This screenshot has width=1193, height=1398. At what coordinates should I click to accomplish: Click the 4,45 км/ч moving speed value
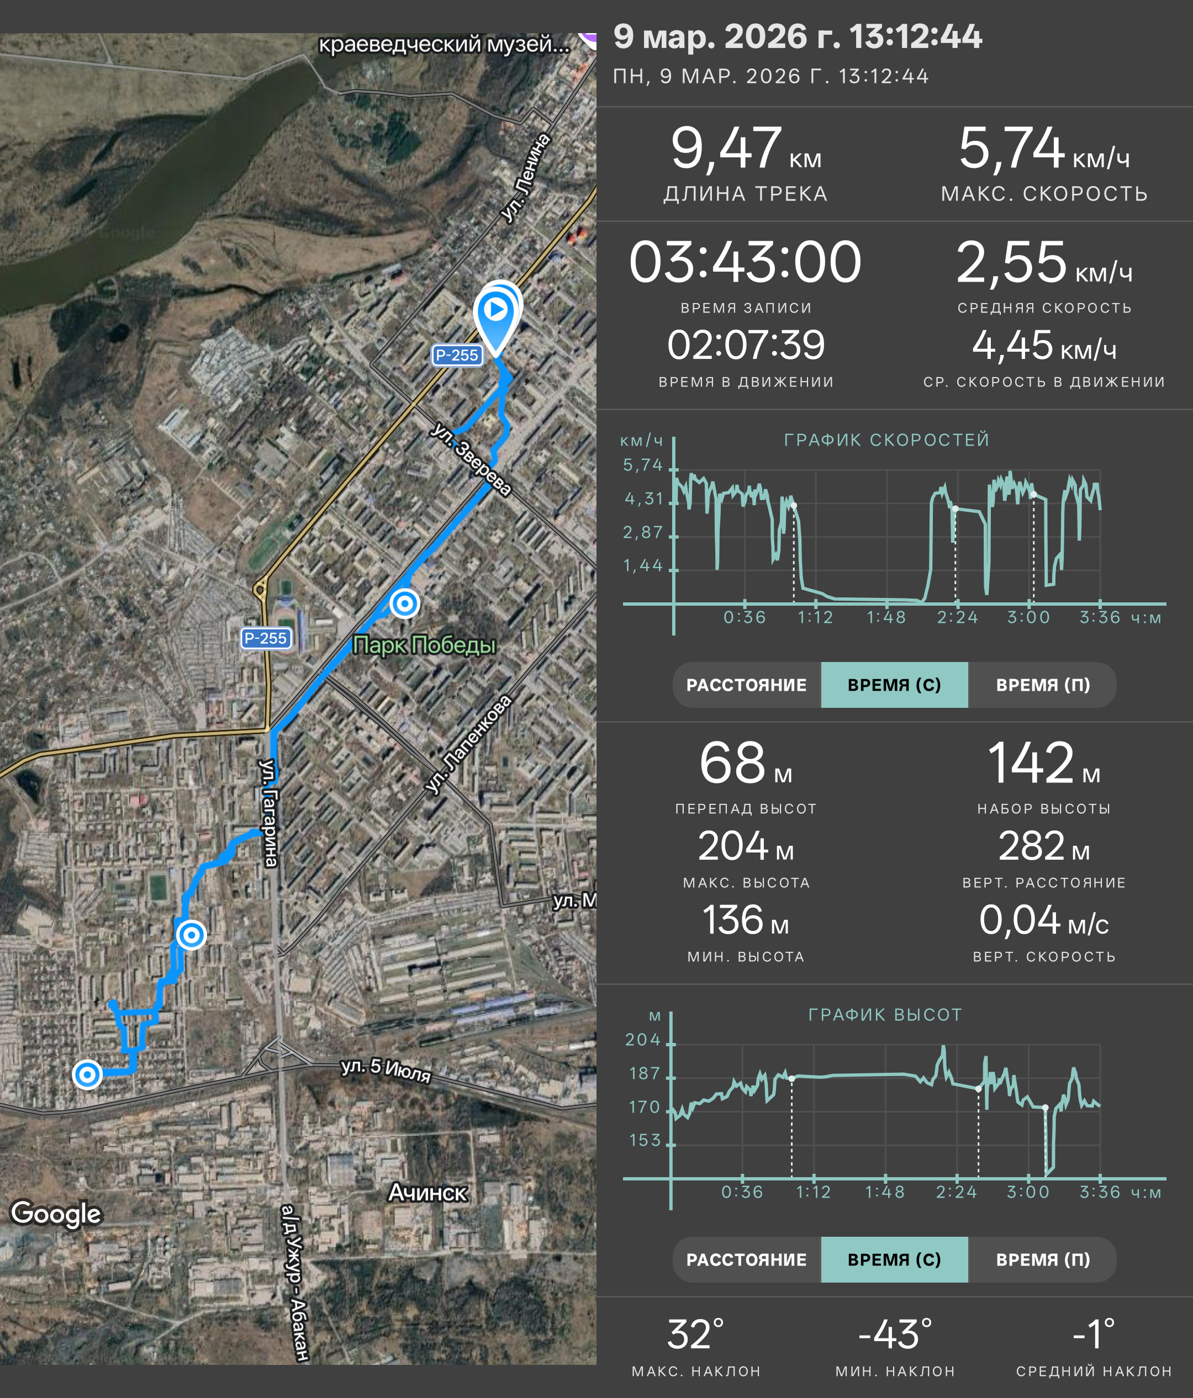click(x=1044, y=346)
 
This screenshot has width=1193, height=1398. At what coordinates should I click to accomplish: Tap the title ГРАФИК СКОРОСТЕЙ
click(x=886, y=440)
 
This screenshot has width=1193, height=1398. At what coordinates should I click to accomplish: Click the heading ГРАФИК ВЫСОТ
click(x=885, y=1015)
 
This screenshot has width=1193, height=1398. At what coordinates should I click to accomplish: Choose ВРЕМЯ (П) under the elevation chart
click(x=1043, y=1259)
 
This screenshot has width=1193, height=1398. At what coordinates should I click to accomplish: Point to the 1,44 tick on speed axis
click(x=642, y=565)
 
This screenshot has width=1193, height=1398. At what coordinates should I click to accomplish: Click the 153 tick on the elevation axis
click(x=645, y=1140)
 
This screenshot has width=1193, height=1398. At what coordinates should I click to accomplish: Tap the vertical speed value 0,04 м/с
click(x=1043, y=920)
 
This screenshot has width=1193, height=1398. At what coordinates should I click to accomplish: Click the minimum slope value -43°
click(x=895, y=1335)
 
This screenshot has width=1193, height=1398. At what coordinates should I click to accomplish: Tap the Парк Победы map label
click(x=424, y=645)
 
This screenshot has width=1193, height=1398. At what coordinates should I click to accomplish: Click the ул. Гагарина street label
click(x=269, y=813)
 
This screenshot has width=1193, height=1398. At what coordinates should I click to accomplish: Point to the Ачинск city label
click(x=427, y=1193)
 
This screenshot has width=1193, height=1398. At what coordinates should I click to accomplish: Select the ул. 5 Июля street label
click(x=386, y=1070)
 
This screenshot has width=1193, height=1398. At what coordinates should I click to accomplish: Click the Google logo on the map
click(x=56, y=1213)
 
